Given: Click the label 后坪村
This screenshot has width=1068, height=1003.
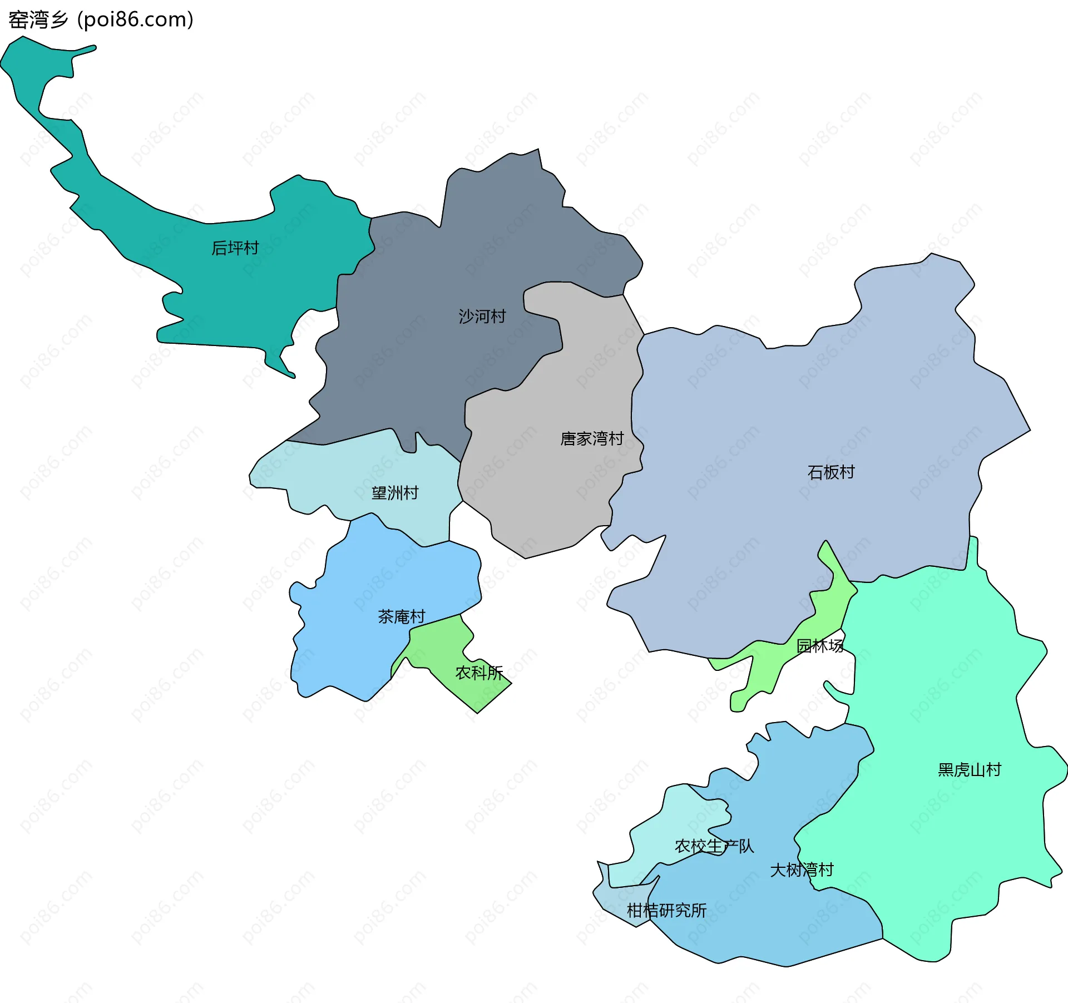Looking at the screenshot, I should coord(235,248).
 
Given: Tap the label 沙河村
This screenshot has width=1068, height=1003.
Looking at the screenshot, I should coord(482,317).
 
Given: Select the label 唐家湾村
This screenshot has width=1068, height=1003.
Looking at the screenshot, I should coord(592,439).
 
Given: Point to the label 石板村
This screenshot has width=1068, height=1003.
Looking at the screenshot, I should coord(831,472).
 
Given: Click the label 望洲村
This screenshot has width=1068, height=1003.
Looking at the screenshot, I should coord(395,493).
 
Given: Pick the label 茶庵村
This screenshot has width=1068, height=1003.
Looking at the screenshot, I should coord(401,616).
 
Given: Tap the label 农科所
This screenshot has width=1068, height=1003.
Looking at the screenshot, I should coord(479,673).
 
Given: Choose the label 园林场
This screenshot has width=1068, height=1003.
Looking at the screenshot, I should coord(820,646).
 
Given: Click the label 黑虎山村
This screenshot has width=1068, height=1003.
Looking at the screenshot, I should coord(970,770).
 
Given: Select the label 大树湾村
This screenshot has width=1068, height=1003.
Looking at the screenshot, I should coord(802,870).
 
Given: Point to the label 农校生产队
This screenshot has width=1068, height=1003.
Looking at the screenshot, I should coord(714,846).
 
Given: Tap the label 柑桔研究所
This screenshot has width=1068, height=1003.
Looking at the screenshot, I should coord(666,911).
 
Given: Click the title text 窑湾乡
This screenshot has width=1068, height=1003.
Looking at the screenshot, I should coord(38,20).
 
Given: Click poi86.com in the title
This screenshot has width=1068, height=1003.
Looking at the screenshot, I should coord(136,20).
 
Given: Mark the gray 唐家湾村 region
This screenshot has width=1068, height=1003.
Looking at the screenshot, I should coord(551,490).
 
